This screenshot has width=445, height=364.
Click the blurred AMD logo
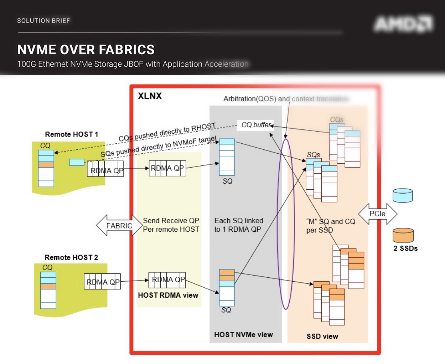click(x=404, y=24)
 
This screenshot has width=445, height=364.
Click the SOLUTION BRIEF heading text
click(x=43, y=21)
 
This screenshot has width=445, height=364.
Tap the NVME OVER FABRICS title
click(x=86, y=50)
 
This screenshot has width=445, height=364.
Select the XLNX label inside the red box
click(x=150, y=96)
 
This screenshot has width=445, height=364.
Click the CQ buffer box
click(x=255, y=125)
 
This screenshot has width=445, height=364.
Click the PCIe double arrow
click(x=377, y=214)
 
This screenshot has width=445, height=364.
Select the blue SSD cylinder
click(x=403, y=196)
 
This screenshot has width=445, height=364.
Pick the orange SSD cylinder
click(x=403, y=235)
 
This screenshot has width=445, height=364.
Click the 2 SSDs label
click(x=405, y=248)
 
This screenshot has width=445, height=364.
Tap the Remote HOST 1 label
click(x=71, y=134)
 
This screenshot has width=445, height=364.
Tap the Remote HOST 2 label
click(x=71, y=257)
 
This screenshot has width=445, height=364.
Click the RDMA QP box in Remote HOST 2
click(x=102, y=282)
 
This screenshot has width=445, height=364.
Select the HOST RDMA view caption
click(x=168, y=295)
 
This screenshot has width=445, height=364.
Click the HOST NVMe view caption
click(x=243, y=335)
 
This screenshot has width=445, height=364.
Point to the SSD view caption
click(x=322, y=337)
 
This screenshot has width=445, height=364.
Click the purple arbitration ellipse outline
click(x=278, y=225)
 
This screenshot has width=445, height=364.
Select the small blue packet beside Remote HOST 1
click(x=77, y=162)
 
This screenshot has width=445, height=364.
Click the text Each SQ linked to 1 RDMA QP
click(x=238, y=225)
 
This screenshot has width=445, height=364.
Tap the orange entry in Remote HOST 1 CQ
click(x=46, y=164)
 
